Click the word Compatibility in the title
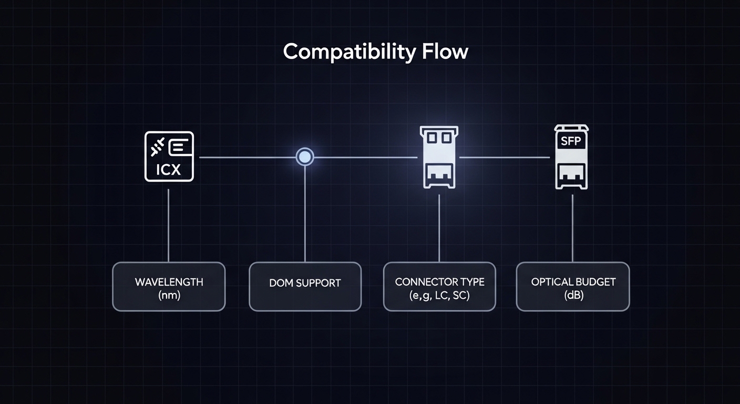350,52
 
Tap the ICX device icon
169,156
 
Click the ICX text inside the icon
169,170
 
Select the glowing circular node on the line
304,157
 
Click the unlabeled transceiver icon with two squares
439,157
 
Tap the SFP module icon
571,157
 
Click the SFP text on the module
571,140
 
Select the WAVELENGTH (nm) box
169,287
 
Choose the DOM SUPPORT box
305,287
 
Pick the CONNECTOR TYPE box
439,287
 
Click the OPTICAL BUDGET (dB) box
573,287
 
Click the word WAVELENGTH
169,282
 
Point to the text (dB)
573,295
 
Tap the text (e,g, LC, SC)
439,295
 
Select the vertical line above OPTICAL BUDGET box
572,226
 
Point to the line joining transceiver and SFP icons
505,157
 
